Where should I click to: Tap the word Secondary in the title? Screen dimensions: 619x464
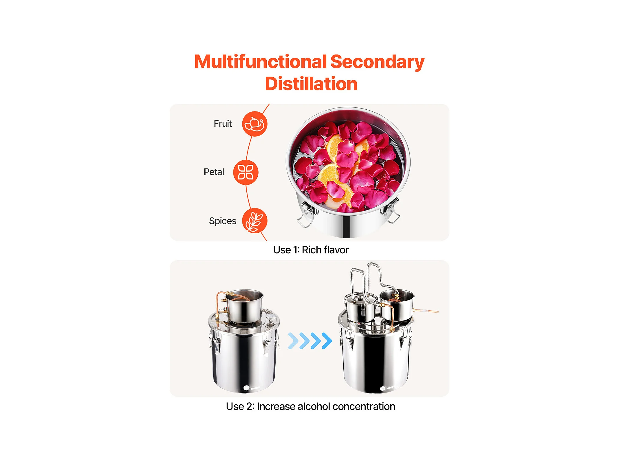coord(377,63)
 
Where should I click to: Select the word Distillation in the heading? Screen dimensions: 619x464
coord(311,84)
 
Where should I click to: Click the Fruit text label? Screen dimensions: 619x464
coord(223,124)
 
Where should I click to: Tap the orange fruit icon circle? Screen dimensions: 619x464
coord(254,124)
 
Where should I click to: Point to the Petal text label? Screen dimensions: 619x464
coord(214,172)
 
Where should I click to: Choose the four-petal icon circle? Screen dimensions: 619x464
coord(246,172)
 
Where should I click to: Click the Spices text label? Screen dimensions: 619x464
coord(222,221)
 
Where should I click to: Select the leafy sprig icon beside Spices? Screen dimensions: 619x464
coord(254,221)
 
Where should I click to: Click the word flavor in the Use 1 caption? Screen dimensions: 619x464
coord(337,250)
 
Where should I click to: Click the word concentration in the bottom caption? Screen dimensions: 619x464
coord(364,406)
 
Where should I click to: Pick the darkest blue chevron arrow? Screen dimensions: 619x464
coord(327,341)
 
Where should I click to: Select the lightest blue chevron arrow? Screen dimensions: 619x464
coord(293,341)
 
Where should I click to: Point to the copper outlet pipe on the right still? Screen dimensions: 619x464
coord(426,311)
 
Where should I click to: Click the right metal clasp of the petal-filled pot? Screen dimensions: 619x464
coord(391,210)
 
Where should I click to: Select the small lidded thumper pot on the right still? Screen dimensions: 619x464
coord(360,307)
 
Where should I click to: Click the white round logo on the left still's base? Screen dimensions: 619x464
coord(246,388)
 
